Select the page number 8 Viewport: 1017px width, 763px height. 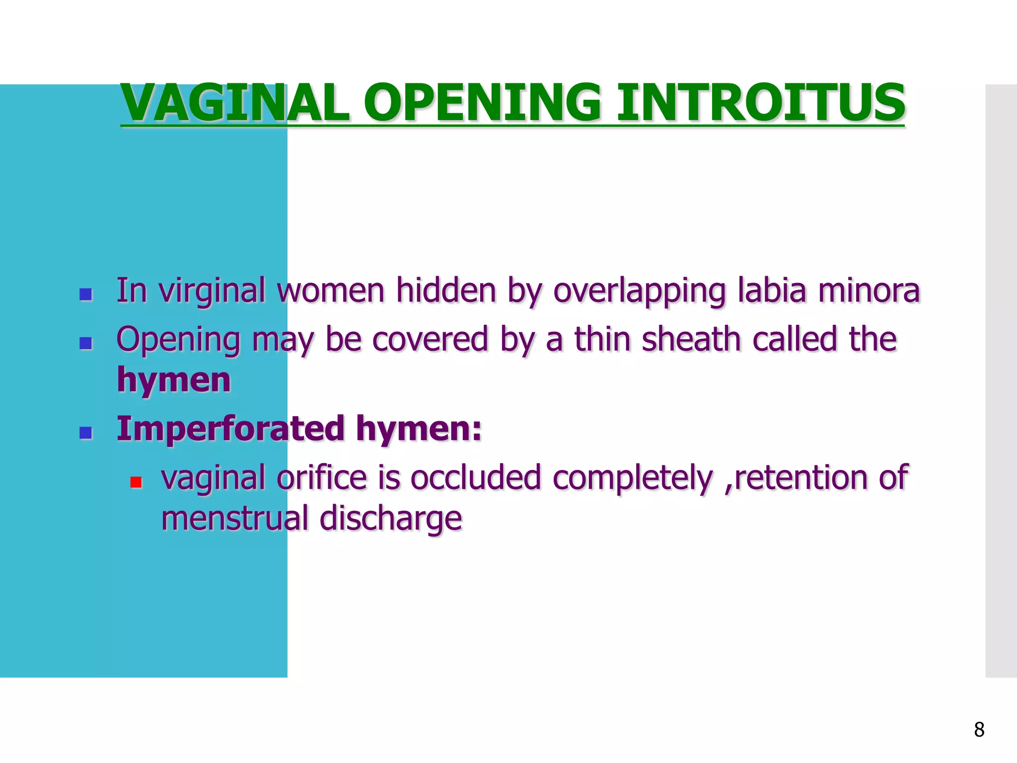coord(979,730)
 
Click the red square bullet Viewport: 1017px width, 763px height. coord(136,482)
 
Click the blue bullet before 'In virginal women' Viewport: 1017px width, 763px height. coord(86,295)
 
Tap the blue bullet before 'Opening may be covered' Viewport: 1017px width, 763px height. coord(86,343)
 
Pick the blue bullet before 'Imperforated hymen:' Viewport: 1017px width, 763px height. coord(86,433)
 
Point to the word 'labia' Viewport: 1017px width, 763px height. coord(771,291)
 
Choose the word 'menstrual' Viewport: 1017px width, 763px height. coord(235,518)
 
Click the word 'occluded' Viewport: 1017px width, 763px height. coord(475,478)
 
